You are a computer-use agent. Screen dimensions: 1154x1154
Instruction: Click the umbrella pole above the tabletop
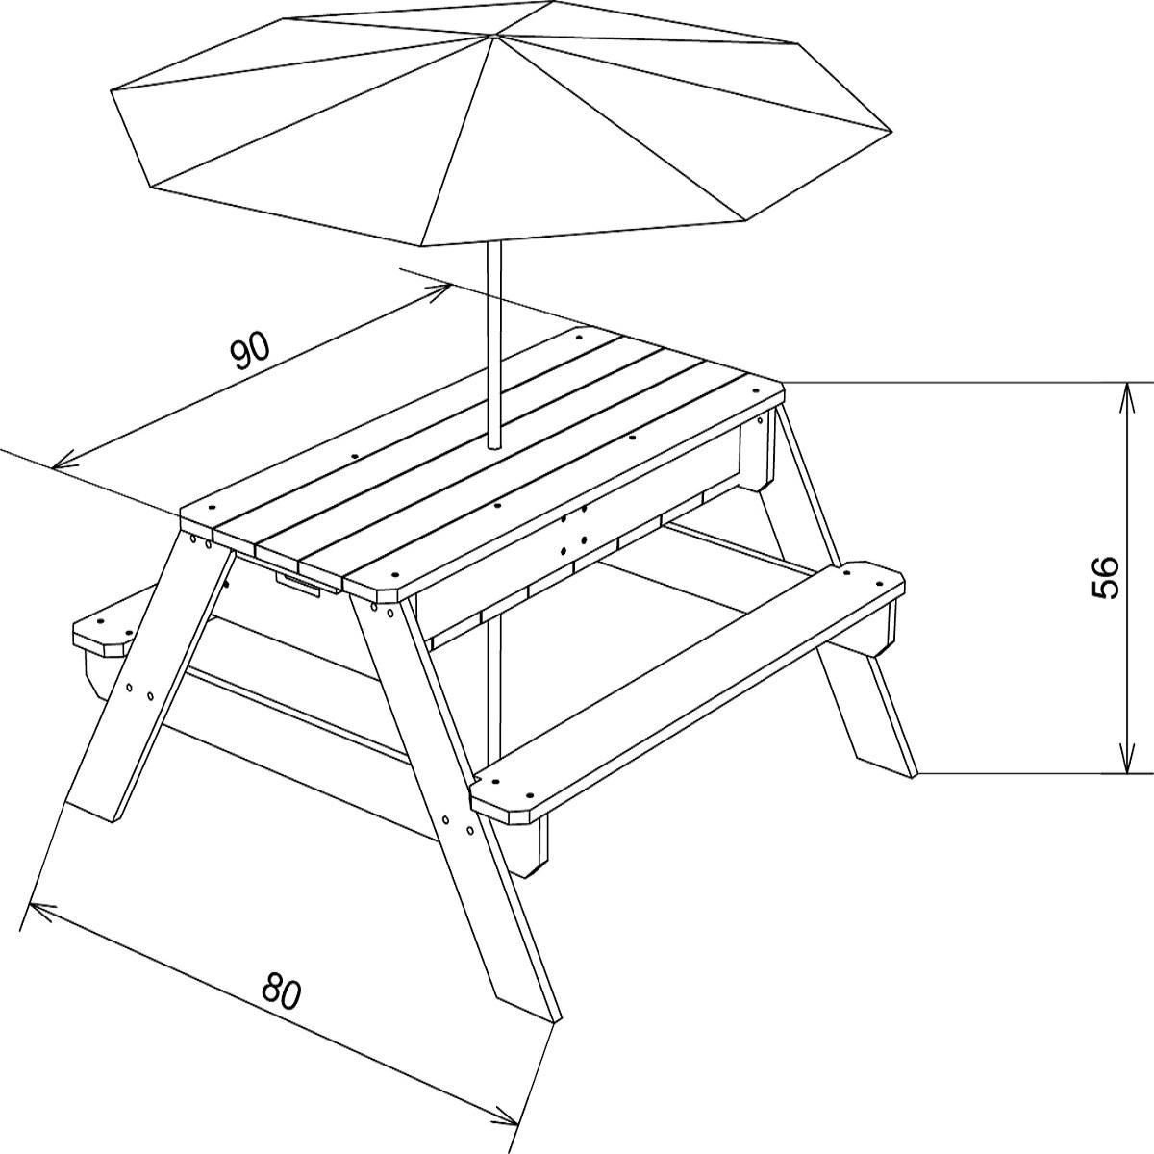[494, 346]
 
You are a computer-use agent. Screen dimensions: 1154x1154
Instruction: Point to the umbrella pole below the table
[496, 692]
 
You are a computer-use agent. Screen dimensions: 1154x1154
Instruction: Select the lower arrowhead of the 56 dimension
[1125, 764]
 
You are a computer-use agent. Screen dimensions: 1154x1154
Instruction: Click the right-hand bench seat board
[692, 692]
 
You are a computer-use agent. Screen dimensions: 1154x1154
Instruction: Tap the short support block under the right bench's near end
[529, 846]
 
